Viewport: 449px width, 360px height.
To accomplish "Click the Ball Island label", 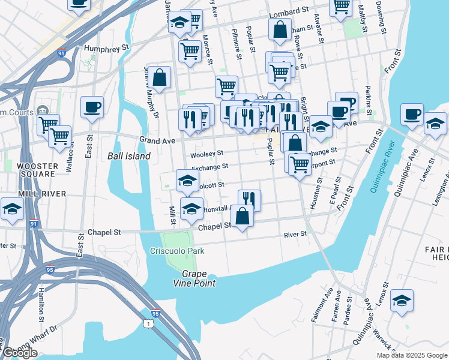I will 128,156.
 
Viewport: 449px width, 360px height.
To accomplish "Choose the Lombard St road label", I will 288,12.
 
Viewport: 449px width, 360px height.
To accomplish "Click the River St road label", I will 295,234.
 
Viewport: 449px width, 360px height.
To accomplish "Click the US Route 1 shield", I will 148,324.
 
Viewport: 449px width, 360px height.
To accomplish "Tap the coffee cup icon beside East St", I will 92,107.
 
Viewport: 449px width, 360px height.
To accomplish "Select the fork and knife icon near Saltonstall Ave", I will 249,200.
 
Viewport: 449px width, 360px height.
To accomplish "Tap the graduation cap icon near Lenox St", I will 402,300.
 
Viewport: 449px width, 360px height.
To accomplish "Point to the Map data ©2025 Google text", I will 412,355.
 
